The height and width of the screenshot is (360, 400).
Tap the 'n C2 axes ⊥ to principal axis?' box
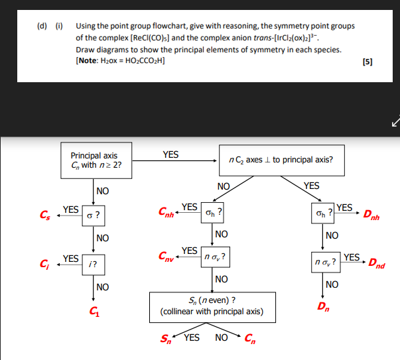(280, 160)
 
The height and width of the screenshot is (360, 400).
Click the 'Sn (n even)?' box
(212, 306)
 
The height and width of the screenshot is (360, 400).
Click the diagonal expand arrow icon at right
(395, 122)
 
